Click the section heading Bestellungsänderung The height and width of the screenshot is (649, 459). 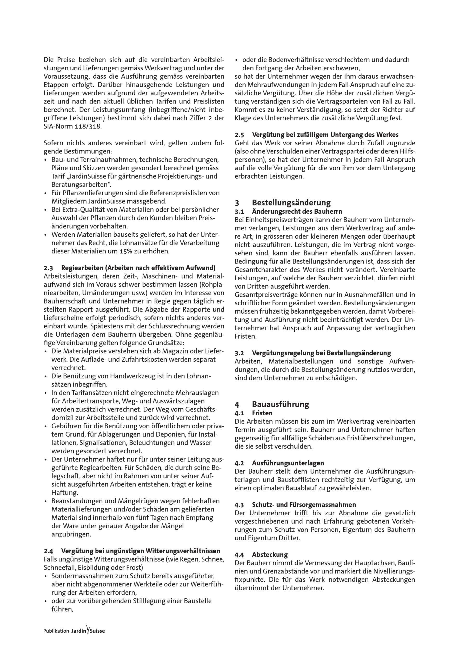click(x=291, y=203)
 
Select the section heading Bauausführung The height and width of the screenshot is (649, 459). click(x=281, y=404)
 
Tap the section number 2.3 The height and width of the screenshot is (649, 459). click(x=48, y=268)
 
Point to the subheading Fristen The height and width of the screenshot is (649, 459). click(x=262, y=413)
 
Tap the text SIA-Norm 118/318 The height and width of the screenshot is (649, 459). click(x=72, y=126)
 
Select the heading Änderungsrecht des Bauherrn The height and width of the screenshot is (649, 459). click(x=297, y=211)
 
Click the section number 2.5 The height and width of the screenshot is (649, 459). click(x=239, y=134)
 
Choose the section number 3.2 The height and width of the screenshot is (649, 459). click(x=239, y=353)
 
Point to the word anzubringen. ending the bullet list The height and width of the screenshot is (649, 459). click(x=67, y=535)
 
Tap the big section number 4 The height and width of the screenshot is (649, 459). click(x=237, y=404)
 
